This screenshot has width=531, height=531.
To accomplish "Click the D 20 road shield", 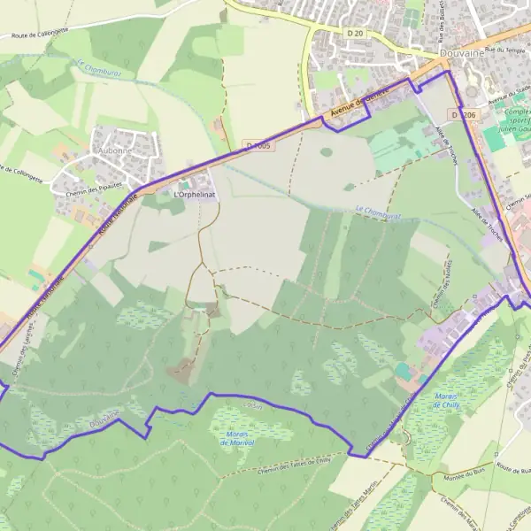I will click(354, 31).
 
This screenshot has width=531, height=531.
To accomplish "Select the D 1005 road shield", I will click(258, 145).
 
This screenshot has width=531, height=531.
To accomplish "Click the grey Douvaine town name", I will click(489, 52).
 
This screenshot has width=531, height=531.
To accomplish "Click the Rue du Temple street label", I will click(502, 50).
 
